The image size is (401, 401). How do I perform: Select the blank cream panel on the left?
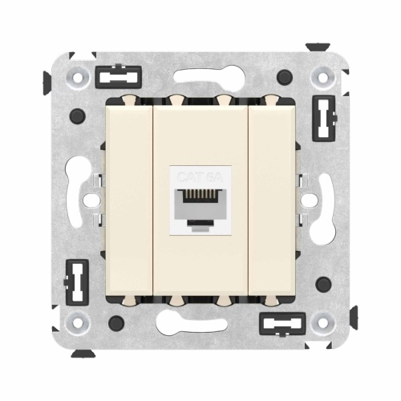point(129,200)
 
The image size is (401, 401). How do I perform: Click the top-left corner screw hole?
point(78,77)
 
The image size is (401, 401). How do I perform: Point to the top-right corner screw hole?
point(323,77)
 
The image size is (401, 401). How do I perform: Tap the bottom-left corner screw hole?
point(78,324)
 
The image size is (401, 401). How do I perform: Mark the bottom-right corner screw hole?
point(323,324)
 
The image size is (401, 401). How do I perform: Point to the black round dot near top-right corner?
point(283,77)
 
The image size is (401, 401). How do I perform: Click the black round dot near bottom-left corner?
point(117,323)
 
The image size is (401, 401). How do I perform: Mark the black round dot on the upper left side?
point(78,117)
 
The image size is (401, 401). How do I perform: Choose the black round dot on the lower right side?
point(323,284)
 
